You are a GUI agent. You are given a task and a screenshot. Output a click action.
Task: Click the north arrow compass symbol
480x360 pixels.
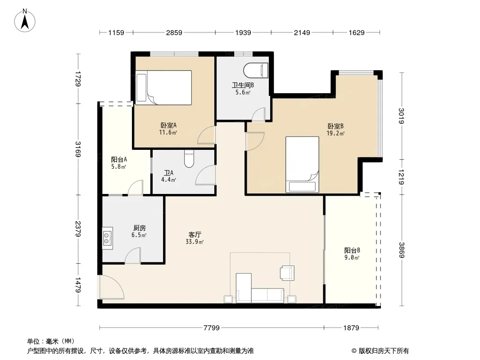click(25, 21)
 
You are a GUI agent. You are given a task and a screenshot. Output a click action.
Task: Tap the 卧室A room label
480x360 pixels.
click(168, 125)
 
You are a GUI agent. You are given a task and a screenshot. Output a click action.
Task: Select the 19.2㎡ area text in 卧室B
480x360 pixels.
click(335, 133)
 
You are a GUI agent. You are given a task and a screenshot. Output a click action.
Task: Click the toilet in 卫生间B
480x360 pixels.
click(256, 70)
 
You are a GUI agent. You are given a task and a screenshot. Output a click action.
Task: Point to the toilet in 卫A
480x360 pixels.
click(189, 158)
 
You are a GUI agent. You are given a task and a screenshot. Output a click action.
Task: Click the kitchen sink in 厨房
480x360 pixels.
click(108, 238)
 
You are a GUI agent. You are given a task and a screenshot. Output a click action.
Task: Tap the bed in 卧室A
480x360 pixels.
click(164, 87)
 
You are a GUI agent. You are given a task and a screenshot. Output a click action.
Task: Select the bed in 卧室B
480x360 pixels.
click(302, 165)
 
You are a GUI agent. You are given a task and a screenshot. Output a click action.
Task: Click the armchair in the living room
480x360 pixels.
click(287, 273)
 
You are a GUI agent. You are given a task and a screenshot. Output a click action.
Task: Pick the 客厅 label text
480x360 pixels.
click(195, 234)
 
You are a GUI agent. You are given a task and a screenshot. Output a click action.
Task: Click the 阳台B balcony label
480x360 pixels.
click(352, 250)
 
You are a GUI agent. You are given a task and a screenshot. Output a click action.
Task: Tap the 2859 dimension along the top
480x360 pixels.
click(174, 32)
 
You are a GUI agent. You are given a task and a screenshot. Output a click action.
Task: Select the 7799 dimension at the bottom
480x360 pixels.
click(212, 328)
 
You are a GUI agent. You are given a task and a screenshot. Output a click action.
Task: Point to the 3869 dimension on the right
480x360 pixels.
click(402, 250)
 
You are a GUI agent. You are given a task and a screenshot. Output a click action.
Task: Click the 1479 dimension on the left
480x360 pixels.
click(78, 285)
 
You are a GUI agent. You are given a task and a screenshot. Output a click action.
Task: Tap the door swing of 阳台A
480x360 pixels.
click(136, 187)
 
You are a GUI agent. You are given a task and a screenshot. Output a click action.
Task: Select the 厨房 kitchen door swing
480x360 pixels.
click(133, 256)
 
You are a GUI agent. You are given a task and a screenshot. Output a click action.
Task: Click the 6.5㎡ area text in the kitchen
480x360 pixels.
click(139, 235)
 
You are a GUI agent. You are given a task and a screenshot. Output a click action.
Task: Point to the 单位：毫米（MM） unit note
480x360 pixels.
click(51, 341)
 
